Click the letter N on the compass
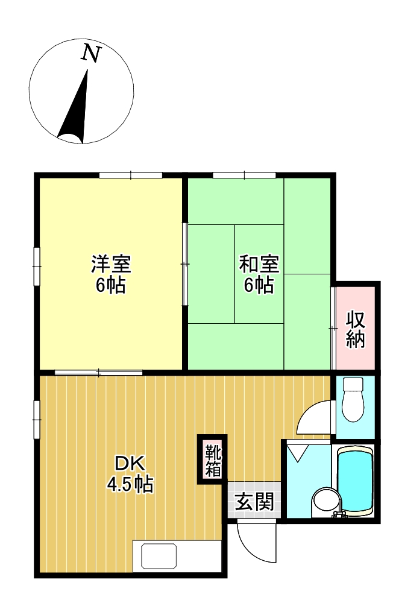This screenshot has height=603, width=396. click(91, 54)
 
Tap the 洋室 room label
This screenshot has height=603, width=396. click(111, 264)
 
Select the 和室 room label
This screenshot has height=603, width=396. click(259, 264)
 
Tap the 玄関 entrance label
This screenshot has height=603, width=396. click(254, 501)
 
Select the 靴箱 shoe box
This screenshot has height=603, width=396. click(213, 459)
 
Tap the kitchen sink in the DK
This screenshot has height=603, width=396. click(159, 554)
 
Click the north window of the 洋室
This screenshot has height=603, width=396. click(131, 175)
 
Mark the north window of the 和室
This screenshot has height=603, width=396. click(244, 175)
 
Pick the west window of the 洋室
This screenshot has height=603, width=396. click(37, 265)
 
